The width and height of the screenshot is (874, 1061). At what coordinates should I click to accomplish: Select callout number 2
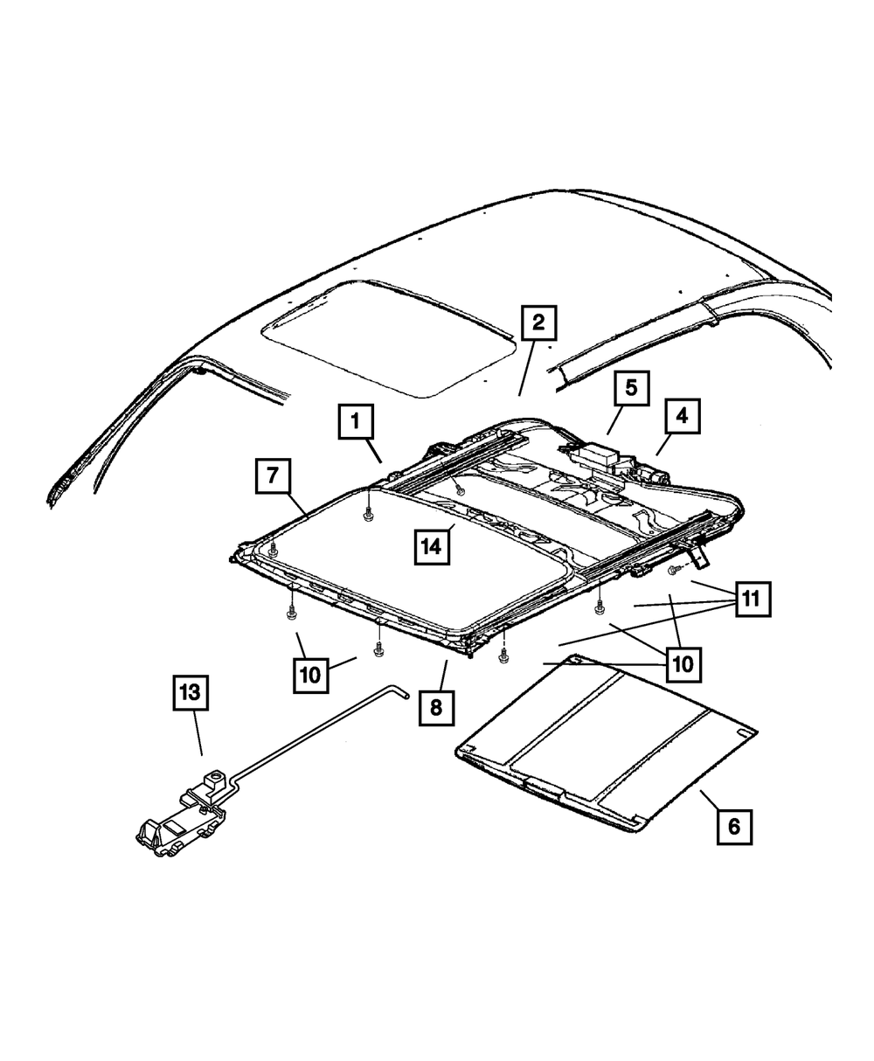(x=538, y=322)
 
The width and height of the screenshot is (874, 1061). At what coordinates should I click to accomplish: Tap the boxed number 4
(x=682, y=417)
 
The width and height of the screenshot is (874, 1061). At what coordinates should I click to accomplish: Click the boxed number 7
(x=274, y=475)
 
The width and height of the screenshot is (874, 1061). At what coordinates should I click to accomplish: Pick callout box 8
(x=436, y=707)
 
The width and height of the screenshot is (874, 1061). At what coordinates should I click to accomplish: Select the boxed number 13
(x=191, y=694)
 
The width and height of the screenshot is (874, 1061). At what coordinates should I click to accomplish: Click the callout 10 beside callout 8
(x=312, y=674)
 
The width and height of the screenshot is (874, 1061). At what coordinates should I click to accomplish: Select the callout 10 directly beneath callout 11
(x=683, y=664)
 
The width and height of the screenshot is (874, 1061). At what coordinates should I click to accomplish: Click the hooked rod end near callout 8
(x=401, y=692)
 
